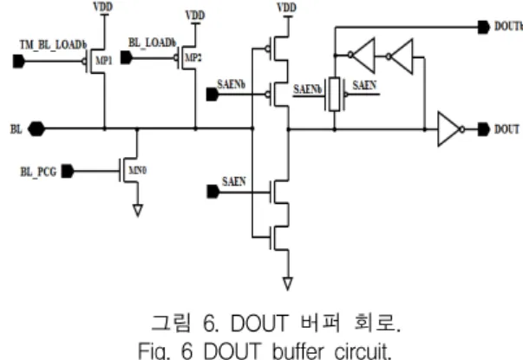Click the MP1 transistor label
[x=104, y=61]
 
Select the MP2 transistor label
[x=193, y=58]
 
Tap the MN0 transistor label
[x=138, y=170]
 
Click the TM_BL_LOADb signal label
[x=54, y=45]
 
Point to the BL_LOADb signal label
[x=152, y=43]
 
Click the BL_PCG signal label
[x=38, y=172]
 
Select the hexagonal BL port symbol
[x=36, y=128]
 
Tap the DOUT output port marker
[x=484, y=129]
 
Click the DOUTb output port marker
[x=484, y=27]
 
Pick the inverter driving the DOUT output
[x=451, y=128]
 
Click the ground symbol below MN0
[x=138, y=211]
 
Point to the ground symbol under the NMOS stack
[x=288, y=284]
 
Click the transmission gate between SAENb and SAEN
[x=335, y=94]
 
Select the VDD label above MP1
[x=103, y=7]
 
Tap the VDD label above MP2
[x=195, y=16]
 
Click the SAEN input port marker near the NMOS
[x=213, y=192]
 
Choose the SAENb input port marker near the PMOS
[x=212, y=95]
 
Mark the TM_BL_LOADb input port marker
[x=19, y=62]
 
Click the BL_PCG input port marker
[x=68, y=171]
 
